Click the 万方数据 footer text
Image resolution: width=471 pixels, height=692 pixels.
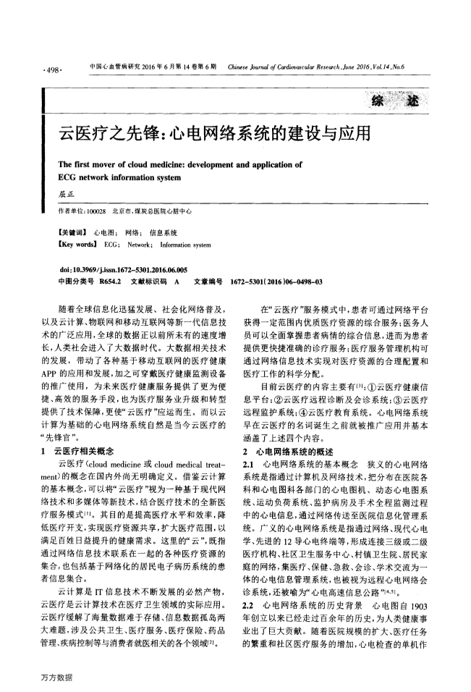pyautogui.click(x=58, y=677)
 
